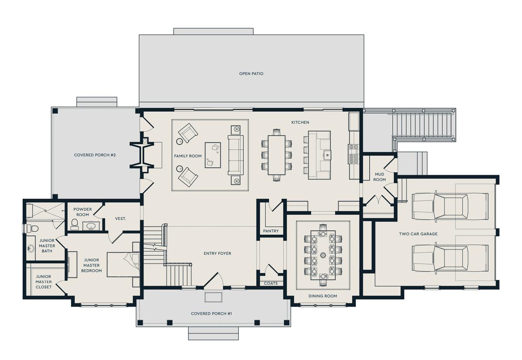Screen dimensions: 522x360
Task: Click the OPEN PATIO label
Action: (x=251, y=73)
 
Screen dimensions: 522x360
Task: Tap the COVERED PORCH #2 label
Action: (x=95, y=155)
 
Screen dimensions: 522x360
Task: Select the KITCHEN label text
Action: (x=300, y=122)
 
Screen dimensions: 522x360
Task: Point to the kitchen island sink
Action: (x=327, y=154)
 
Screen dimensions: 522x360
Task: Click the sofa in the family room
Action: (x=236, y=155)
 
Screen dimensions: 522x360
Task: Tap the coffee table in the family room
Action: (x=213, y=155)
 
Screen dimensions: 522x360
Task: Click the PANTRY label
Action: (x=271, y=231)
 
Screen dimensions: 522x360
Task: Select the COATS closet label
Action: (x=271, y=283)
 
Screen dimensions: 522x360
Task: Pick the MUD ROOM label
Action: (x=379, y=177)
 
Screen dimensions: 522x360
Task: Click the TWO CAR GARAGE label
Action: (x=418, y=234)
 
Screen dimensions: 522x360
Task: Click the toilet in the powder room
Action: (x=74, y=224)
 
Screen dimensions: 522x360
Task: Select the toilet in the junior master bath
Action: (x=32, y=228)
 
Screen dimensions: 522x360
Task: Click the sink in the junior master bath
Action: (x=30, y=248)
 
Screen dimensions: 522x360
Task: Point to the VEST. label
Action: (x=120, y=219)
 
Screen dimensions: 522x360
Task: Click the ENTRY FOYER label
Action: (x=217, y=253)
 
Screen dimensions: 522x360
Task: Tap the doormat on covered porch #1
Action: (x=213, y=297)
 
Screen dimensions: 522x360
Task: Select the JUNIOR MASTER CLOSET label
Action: (x=43, y=282)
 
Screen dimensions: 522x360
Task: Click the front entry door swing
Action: (x=214, y=280)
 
